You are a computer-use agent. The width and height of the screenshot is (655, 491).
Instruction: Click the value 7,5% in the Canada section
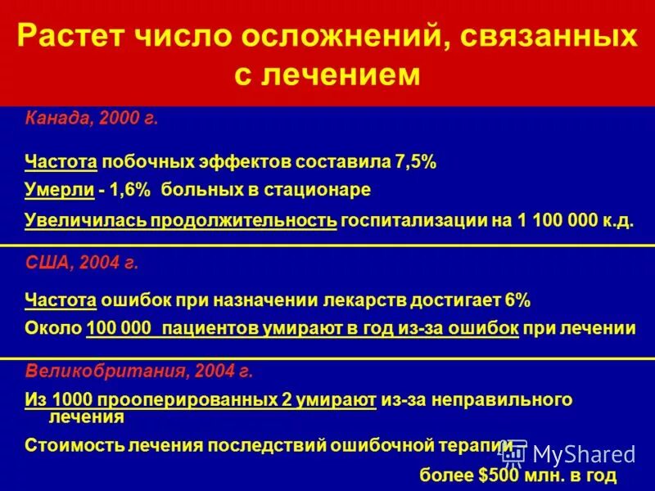(x=415, y=162)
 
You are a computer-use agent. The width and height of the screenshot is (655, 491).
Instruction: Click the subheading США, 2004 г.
(x=81, y=264)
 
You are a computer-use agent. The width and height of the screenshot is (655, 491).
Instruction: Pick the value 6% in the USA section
(x=517, y=300)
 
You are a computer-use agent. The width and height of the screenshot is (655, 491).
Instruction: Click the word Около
(x=52, y=329)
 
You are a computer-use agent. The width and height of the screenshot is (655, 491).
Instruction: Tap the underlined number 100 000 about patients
(x=120, y=329)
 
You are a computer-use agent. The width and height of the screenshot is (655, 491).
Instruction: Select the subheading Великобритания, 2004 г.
(x=138, y=371)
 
